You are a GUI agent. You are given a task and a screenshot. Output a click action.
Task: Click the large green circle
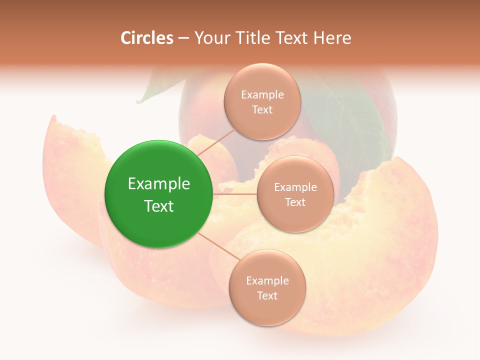(159, 194)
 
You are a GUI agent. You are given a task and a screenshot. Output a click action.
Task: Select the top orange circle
(262, 101)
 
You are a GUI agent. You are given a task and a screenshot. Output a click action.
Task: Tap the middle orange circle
(295, 194)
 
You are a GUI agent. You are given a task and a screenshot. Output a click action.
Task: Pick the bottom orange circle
(267, 287)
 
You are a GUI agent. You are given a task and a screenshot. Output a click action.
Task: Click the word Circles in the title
(147, 38)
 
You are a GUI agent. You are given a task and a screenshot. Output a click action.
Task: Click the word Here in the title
(333, 38)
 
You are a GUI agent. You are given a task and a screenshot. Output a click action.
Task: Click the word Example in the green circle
(159, 184)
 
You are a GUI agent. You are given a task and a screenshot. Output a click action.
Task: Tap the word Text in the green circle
(159, 206)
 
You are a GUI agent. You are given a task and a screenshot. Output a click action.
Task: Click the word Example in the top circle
(262, 94)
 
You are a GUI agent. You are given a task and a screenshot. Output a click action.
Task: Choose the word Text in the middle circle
(295, 202)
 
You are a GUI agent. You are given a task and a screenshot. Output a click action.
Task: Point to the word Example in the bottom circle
(267, 280)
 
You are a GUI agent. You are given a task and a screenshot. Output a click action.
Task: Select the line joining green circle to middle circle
(235, 194)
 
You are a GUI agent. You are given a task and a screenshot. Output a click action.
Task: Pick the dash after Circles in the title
(184, 38)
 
